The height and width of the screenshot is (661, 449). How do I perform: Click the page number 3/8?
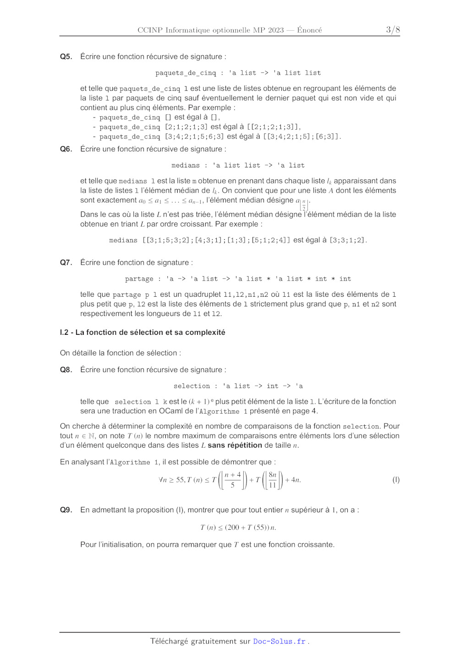pyautogui.click(x=393, y=30)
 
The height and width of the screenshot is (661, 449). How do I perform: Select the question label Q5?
pyautogui.click(x=66, y=56)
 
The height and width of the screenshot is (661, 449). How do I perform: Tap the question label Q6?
pyautogui.click(x=66, y=149)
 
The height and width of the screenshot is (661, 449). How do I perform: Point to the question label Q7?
pyautogui.click(x=66, y=262)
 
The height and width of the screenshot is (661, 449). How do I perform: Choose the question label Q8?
pyautogui.click(x=66, y=370)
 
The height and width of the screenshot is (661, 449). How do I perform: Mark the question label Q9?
pyautogui.click(x=66, y=510)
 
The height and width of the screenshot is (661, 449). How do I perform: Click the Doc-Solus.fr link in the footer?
pyautogui.click(x=279, y=641)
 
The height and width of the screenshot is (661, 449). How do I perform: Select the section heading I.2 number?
pyautogui.click(x=64, y=332)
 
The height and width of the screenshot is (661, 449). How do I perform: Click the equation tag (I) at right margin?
pyautogui.click(x=396, y=480)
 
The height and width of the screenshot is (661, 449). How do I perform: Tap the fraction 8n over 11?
pyautogui.click(x=273, y=480)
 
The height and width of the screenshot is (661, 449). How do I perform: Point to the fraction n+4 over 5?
pyautogui.click(x=233, y=480)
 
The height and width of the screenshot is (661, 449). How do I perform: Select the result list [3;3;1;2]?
pyautogui.click(x=348, y=240)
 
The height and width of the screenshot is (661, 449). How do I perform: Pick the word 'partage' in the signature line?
pyautogui.click(x=139, y=279)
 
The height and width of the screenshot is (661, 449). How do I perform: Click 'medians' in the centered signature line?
pyautogui.click(x=186, y=165)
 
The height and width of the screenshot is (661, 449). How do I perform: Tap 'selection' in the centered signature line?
pyautogui.click(x=192, y=386)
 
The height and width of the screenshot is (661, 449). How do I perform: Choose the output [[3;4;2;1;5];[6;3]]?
pyautogui.click(x=301, y=137)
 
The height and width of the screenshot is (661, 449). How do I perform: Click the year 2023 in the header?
pyautogui.click(x=276, y=30)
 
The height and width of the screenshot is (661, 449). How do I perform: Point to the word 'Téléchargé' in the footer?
pyautogui.click(x=169, y=641)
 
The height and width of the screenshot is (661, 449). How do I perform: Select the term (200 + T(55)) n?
pyautogui.click(x=250, y=528)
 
